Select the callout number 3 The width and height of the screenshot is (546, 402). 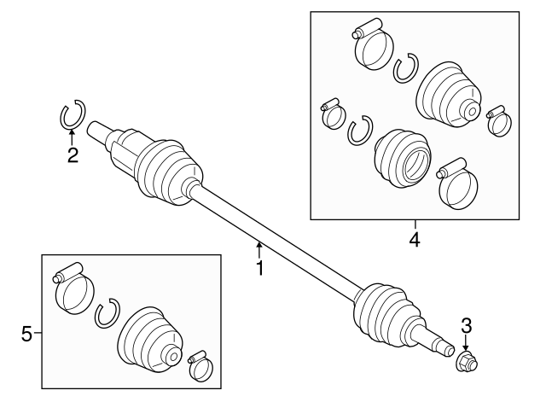tap(466, 324)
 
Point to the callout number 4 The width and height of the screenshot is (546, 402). tap(415, 240)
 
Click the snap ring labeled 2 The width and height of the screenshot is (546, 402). tap(73, 114)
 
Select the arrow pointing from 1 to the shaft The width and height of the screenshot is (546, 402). tap(259, 250)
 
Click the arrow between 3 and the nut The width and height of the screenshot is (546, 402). tap(466, 341)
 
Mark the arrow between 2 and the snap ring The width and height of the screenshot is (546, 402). tap(73, 137)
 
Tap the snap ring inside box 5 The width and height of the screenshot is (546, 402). tap(107, 314)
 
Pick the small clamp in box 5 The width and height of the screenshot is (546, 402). tap(202, 364)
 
